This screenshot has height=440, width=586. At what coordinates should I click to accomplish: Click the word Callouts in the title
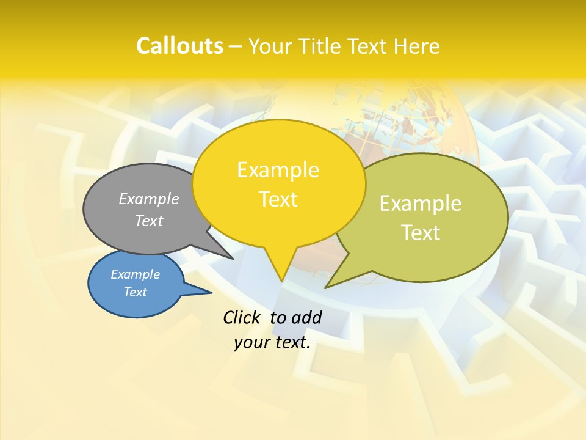click(179, 46)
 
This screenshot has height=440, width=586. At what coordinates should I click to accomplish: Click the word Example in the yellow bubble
click(278, 170)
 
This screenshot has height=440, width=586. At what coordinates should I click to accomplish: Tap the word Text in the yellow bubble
click(278, 199)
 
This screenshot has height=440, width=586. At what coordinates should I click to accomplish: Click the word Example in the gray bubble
click(149, 199)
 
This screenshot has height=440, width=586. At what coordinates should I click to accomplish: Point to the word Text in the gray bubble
click(149, 221)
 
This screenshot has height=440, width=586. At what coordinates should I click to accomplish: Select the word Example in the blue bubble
click(135, 274)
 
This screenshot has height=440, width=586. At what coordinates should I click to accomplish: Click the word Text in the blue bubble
click(135, 292)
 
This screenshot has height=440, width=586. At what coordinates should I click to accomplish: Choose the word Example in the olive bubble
click(421, 204)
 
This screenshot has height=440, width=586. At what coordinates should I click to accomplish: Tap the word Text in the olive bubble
click(421, 233)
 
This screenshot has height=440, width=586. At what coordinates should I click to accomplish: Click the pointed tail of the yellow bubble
click(281, 278)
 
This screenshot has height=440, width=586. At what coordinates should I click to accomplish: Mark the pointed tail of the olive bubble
click(328, 286)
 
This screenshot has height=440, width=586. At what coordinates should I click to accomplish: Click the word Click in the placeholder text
click(244, 317)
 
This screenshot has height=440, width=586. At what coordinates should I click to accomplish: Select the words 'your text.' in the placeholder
click(272, 342)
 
